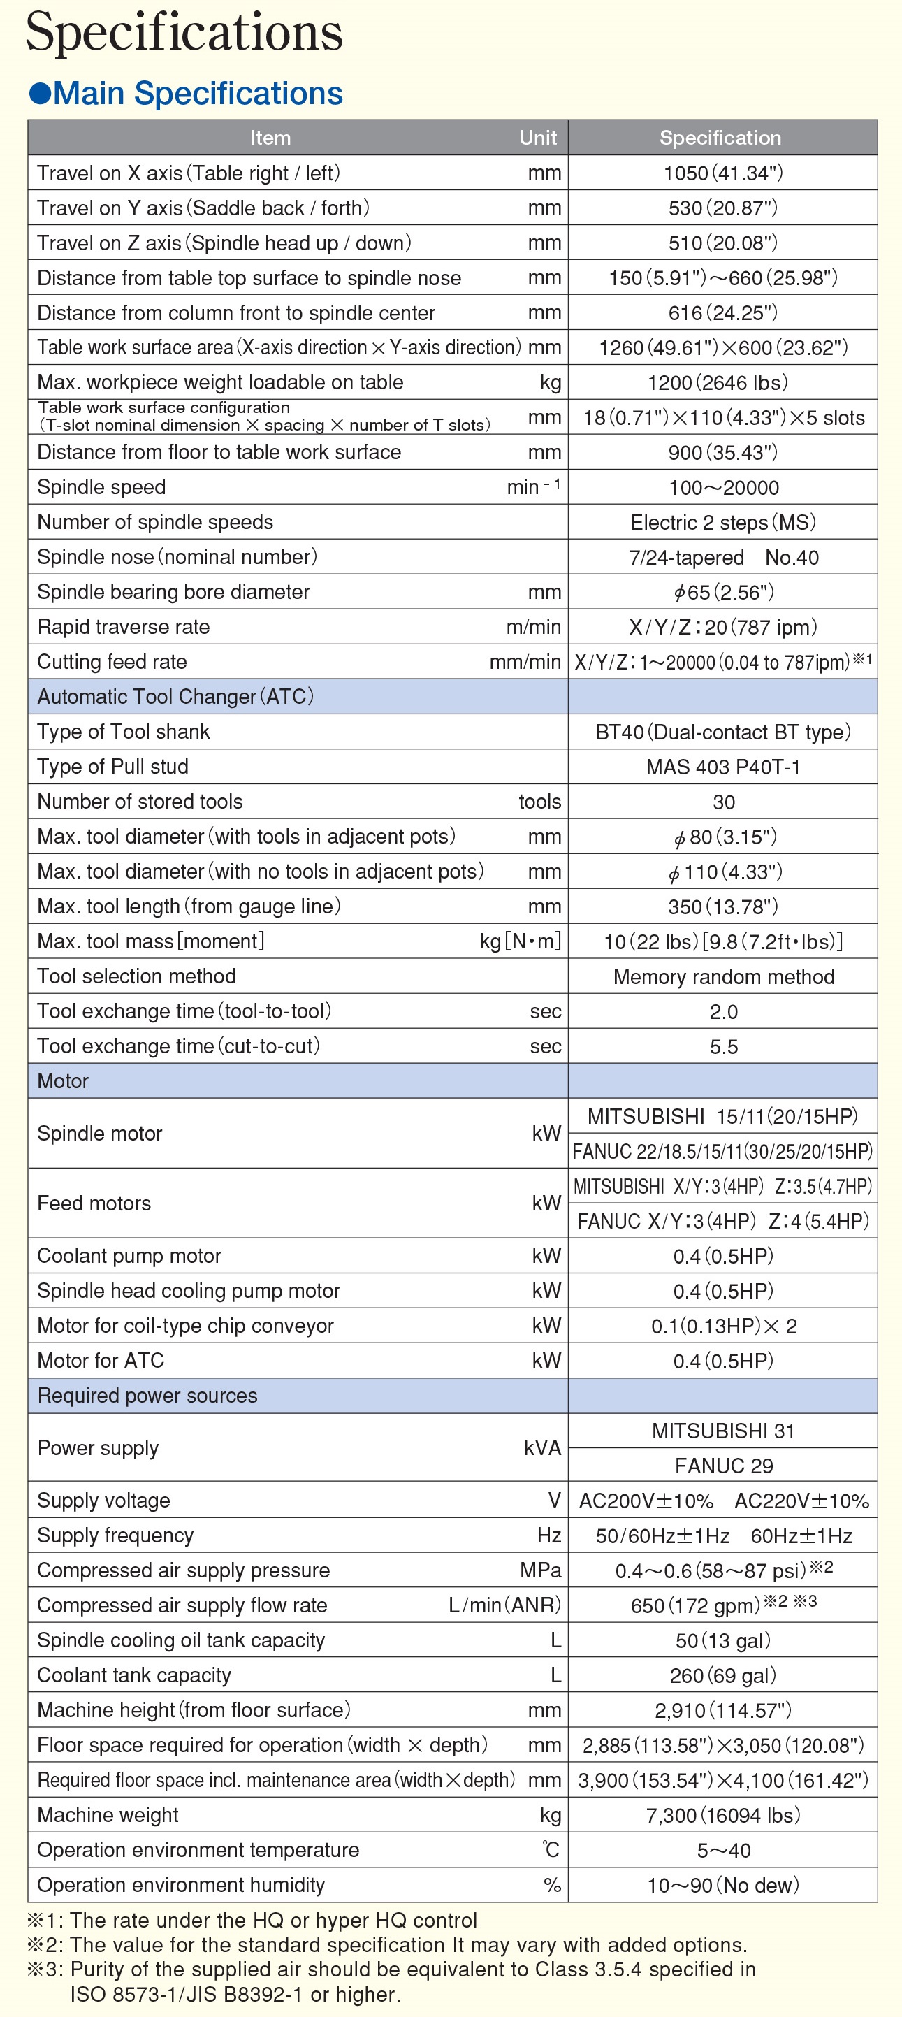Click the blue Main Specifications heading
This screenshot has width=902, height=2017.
click(187, 93)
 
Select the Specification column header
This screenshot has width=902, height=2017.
click(720, 138)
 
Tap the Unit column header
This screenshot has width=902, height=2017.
click(538, 138)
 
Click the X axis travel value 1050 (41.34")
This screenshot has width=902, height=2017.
click(722, 173)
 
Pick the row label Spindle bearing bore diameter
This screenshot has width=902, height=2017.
click(173, 592)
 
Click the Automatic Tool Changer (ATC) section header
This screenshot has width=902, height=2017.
click(175, 697)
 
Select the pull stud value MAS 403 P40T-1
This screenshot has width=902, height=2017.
click(722, 767)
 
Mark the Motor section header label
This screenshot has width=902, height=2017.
click(63, 1081)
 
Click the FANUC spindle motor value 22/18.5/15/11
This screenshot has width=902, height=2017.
click(722, 1151)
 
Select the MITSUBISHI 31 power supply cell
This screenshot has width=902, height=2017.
click(722, 1431)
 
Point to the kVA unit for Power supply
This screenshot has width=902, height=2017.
click(541, 1448)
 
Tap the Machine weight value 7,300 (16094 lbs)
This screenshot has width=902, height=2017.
click(722, 1815)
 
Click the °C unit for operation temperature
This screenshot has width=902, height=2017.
click(551, 1849)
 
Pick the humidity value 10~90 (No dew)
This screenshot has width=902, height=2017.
click(722, 1885)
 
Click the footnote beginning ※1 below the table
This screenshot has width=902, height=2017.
click(252, 1920)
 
